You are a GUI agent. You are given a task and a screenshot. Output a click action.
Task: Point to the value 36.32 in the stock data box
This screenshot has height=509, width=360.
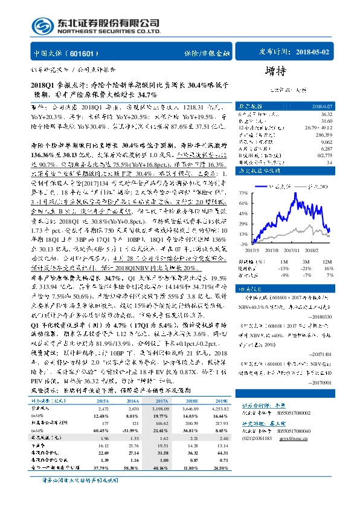(326, 114)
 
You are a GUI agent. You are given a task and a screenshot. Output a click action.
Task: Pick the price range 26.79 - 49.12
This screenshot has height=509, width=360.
(319, 128)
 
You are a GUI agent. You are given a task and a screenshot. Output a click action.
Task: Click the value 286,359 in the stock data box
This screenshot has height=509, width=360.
(323, 135)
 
